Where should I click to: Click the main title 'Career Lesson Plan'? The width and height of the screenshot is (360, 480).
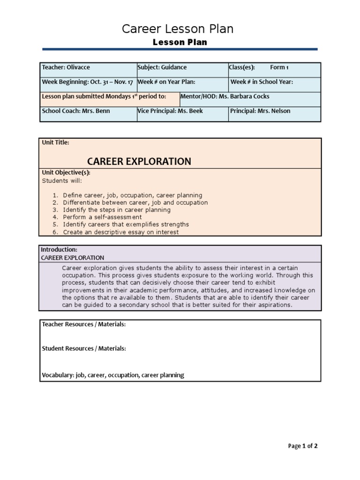[x=178, y=29]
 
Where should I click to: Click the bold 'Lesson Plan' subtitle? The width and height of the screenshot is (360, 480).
[x=180, y=42]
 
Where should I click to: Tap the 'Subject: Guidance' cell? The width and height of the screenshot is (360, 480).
[x=162, y=67]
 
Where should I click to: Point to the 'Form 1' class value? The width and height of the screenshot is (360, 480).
[x=279, y=67]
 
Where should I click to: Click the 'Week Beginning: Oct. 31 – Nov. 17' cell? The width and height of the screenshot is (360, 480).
[x=88, y=82]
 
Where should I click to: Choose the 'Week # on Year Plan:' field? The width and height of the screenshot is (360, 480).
[x=166, y=82]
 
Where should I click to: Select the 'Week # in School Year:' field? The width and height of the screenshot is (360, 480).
[x=262, y=82]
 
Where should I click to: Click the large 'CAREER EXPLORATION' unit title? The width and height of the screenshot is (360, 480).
[x=139, y=161]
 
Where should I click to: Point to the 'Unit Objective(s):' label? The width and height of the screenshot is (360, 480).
[x=66, y=172]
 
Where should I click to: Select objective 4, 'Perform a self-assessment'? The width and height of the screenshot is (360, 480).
[x=102, y=217]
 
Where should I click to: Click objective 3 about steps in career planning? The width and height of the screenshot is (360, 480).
[x=117, y=210]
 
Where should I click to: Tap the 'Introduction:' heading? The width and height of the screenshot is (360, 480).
[x=59, y=250]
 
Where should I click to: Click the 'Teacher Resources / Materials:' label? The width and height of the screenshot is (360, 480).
[x=84, y=324]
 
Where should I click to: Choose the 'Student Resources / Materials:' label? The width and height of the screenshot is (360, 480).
[x=84, y=349]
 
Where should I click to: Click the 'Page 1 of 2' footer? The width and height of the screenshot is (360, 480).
[x=302, y=446]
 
